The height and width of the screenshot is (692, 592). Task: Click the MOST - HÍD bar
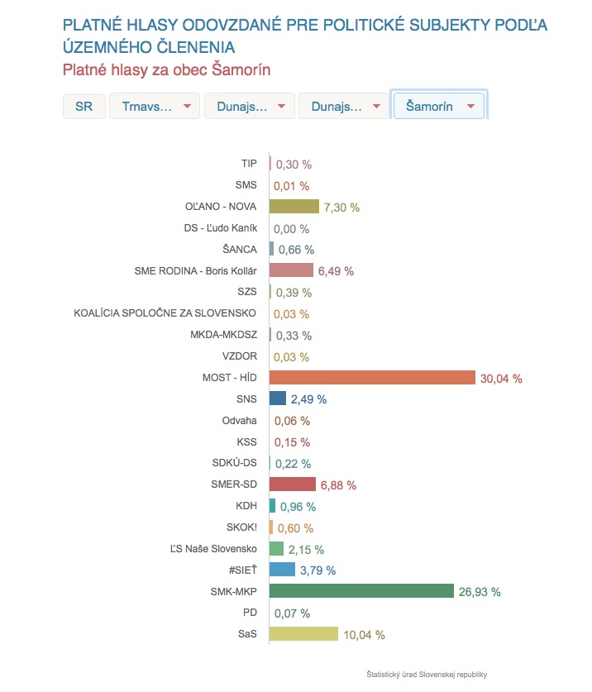[x=373, y=378]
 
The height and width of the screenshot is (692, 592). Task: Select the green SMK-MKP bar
[x=362, y=591]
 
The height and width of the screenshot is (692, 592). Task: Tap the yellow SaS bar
[x=304, y=634]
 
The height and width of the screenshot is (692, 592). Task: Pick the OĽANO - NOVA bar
[x=294, y=207]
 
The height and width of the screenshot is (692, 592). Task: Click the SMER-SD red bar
[x=293, y=484]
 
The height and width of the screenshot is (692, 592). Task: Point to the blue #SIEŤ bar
[x=283, y=570]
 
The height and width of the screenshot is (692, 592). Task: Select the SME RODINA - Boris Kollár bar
[x=292, y=270]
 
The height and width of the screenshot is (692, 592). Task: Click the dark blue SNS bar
[x=278, y=398]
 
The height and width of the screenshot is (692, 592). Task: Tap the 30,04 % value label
[x=501, y=379]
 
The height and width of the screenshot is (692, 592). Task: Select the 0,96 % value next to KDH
[x=298, y=506]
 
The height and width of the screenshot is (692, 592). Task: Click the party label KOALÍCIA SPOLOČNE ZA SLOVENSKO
[x=165, y=313]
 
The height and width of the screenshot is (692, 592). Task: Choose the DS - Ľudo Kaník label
[x=221, y=228]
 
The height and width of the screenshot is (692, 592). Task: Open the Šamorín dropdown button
[x=439, y=107]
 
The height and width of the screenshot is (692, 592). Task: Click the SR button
[x=84, y=107]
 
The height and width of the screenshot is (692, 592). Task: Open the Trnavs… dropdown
[x=155, y=107]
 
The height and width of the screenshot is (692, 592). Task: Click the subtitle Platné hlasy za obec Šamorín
[x=167, y=69]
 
